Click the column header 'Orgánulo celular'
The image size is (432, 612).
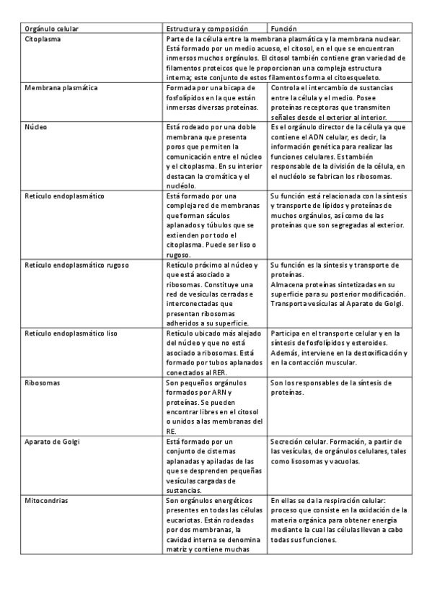point(52,29)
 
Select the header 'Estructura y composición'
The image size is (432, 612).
point(205,29)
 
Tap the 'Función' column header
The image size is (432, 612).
point(283,29)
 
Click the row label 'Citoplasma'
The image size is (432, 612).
point(43,39)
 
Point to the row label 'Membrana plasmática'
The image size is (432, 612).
point(61,88)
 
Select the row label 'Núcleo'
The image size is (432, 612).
point(36,126)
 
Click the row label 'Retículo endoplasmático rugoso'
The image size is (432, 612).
point(76,265)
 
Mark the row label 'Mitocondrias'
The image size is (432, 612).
point(48,499)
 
